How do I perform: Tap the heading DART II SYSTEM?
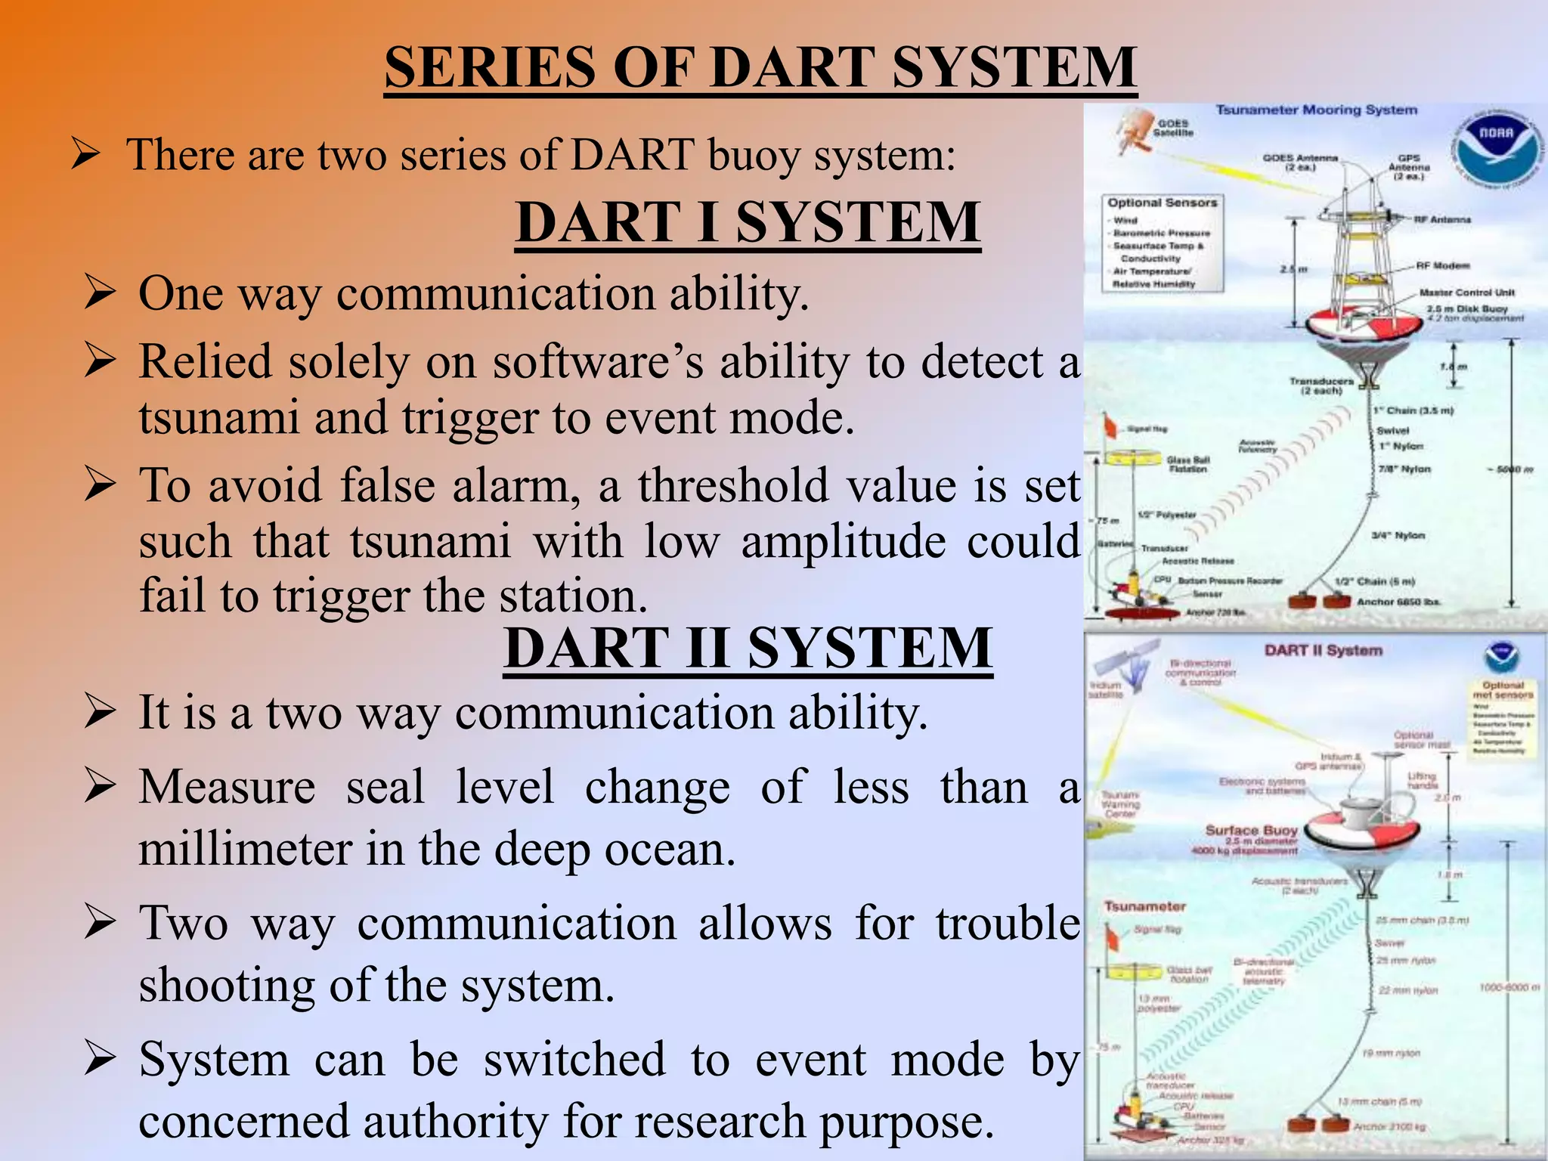point(748,648)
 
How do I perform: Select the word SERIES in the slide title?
point(491,68)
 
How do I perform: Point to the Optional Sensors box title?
point(1163,203)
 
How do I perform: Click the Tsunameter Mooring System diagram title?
point(1316,110)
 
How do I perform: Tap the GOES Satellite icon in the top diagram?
point(1134,132)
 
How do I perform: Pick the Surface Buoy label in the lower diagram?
point(1251,830)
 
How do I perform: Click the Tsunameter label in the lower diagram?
point(1145,906)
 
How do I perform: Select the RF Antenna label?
point(1442,219)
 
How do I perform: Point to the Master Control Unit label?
point(1466,293)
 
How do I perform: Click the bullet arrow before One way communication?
point(100,293)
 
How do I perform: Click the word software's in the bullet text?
point(598,362)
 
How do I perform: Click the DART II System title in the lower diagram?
point(1323,650)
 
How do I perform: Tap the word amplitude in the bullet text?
point(843,542)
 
